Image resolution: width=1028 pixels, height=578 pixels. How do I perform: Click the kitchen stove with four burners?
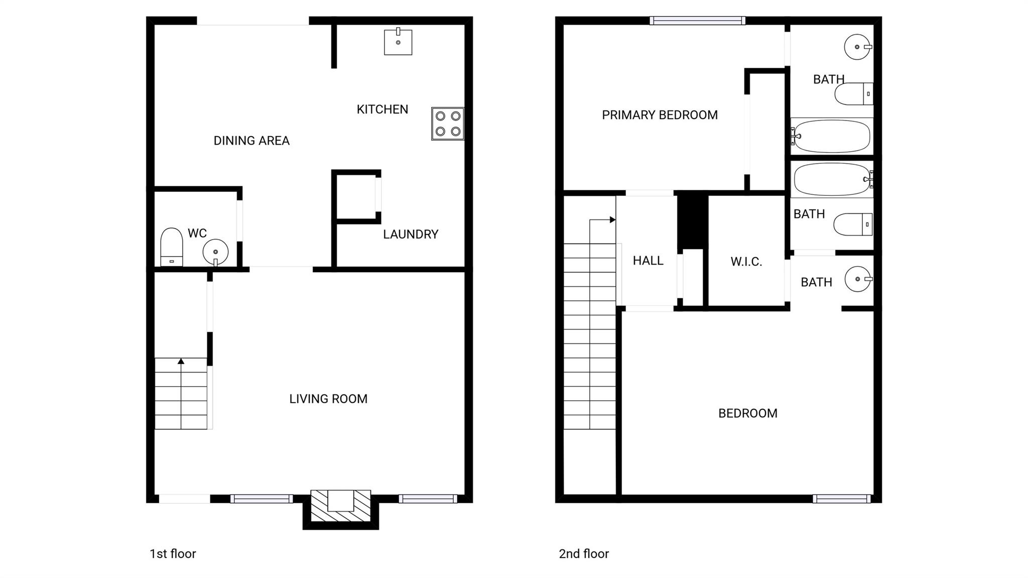(447, 124)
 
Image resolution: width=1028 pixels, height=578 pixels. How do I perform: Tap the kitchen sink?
(398, 42)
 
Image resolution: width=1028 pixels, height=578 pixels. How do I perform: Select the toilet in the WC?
(171, 247)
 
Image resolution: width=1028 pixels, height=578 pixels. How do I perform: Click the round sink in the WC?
(215, 252)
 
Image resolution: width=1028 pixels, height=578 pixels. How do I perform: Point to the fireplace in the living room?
(341, 506)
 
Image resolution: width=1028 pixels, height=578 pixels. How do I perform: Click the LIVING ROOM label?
(328, 399)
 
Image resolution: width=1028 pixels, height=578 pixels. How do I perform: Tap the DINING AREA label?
(251, 141)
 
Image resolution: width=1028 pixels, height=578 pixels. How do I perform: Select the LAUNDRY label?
(411, 234)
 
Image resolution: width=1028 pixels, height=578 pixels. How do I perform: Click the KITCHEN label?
(382, 109)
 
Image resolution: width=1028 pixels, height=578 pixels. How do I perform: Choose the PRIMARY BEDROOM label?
(660, 115)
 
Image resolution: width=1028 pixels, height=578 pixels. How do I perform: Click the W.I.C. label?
(746, 262)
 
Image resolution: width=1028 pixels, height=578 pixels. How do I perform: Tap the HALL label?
(648, 261)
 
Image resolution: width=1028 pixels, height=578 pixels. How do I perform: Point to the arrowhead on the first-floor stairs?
(181, 361)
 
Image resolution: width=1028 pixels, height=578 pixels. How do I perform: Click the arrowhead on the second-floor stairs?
(612, 220)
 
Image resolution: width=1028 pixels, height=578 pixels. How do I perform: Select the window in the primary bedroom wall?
(697, 21)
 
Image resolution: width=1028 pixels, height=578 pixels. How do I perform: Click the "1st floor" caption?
(173, 553)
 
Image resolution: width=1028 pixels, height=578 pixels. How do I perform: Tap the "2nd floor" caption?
(584, 553)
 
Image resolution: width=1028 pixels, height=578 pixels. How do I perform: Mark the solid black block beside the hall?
(693, 221)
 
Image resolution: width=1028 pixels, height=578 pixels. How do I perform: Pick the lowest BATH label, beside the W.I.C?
(816, 282)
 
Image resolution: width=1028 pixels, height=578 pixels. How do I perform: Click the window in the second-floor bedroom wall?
(842, 499)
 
